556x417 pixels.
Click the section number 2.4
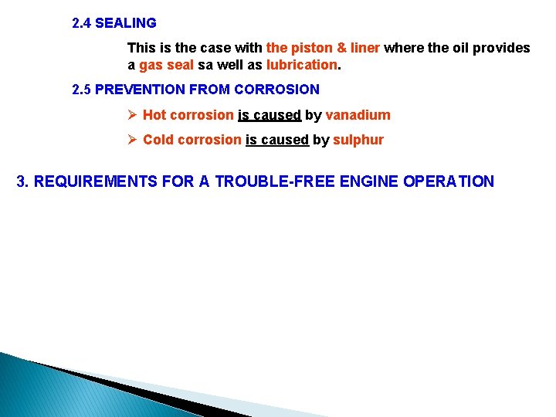click(81, 23)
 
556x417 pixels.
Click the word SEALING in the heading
click(126, 23)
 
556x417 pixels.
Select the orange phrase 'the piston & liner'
click(323, 48)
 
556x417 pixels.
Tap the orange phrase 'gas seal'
click(166, 65)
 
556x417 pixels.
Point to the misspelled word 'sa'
click(205, 65)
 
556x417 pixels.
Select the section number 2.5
click(81, 90)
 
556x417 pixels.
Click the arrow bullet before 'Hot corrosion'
click(132, 115)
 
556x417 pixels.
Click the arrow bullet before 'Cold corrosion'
click(132, 140)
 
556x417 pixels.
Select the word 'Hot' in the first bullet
click(154, 115)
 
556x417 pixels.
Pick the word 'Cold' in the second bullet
click(158, 140)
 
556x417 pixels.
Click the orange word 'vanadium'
click(358, 115)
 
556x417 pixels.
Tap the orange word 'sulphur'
click(358, 140)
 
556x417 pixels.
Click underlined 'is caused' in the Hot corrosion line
click(269, 115)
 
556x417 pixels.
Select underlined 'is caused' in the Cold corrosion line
click(276, 140)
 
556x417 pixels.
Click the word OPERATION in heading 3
click(448, 182)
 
